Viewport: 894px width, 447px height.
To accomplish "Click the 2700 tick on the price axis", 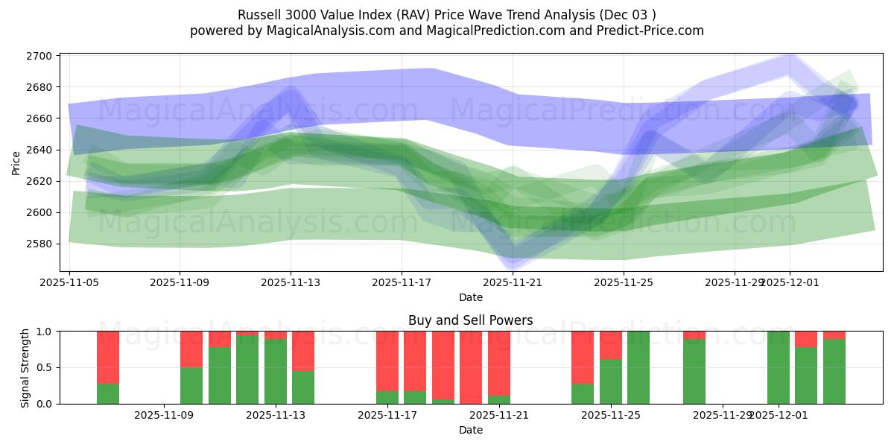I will click(x=39, y=56).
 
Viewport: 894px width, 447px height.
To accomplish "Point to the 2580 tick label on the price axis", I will click(x=39, y=244).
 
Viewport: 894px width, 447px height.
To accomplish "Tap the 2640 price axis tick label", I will click(x=39, y=150).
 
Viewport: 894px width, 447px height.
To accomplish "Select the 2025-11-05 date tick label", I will click(x=69, y=283).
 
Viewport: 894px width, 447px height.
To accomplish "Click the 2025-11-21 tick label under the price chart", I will click(x=513, y=283).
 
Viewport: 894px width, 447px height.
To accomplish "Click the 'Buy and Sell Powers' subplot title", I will click(x=470, y=321).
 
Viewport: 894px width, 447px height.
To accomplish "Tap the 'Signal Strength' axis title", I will click(x=25, y=367).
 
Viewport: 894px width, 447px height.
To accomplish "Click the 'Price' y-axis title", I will click(x=16, y=162).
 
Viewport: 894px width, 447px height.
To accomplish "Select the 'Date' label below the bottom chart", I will click(x=470, y=430).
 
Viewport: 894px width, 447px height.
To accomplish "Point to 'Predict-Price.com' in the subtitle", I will click(x=654, y=31).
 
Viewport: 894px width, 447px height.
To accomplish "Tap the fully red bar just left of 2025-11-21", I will click(x=471, y=367).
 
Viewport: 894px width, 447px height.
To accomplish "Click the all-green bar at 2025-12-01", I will click(x=779, y=367).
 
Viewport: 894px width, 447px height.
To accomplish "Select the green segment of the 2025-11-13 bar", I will click(x=276, y=371).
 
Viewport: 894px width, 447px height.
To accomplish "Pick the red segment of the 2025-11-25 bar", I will click(x=611, y=345).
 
